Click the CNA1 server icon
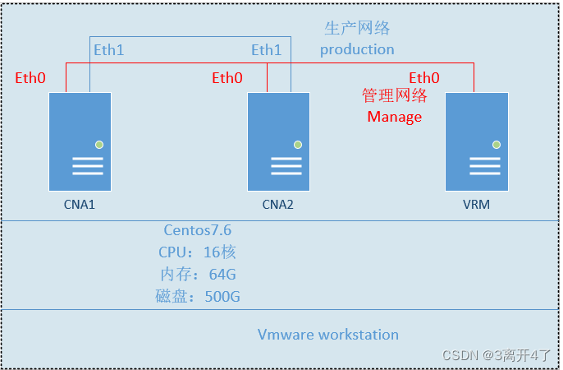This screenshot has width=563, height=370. [x=80, y=141]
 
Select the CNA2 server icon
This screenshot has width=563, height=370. [x=279, y=141]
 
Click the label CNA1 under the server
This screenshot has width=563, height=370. [x=80, y=204]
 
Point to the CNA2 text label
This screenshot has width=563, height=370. [x=277, y=204]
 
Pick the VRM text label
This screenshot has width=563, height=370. [x=476, y=204]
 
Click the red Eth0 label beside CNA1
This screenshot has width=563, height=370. [x=30, y=78]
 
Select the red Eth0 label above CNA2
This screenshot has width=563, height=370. [x=227, y=78]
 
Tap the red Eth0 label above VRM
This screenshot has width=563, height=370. [x=424, y=78]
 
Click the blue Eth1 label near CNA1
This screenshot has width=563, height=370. [x=108, y=50]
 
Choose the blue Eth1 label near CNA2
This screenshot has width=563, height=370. [x=266, y=50]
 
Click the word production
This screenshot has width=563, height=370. [x=357, y=49]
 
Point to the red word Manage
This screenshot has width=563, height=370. [x=394, y=117]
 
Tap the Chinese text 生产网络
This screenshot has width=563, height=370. [x=357, y=29]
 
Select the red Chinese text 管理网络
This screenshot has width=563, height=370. [x=395, y=95]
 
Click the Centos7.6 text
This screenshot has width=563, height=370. [x=198, y=230]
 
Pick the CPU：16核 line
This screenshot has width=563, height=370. [x=198, y=252]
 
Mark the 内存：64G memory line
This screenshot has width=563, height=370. [x=198, y=275]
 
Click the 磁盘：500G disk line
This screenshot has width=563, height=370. [x=198, y=297]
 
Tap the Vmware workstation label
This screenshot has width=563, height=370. [x=328, y=335]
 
